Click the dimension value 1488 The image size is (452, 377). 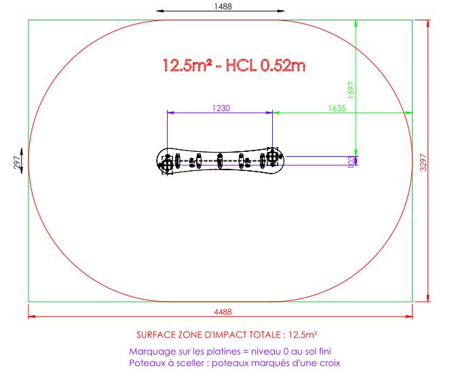click(223, 6)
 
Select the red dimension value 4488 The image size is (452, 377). click(223, 312)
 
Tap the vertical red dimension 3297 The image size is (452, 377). click(423, 163)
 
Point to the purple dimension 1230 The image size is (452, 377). click(221, 108)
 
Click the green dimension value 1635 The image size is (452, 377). click(337, 108)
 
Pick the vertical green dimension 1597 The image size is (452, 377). click(351, 90)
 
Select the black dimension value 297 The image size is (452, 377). click(17, 162)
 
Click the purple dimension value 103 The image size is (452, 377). click(351, 162)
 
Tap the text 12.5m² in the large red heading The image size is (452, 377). click(187, 65)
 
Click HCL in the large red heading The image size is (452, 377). click(241, 65)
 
